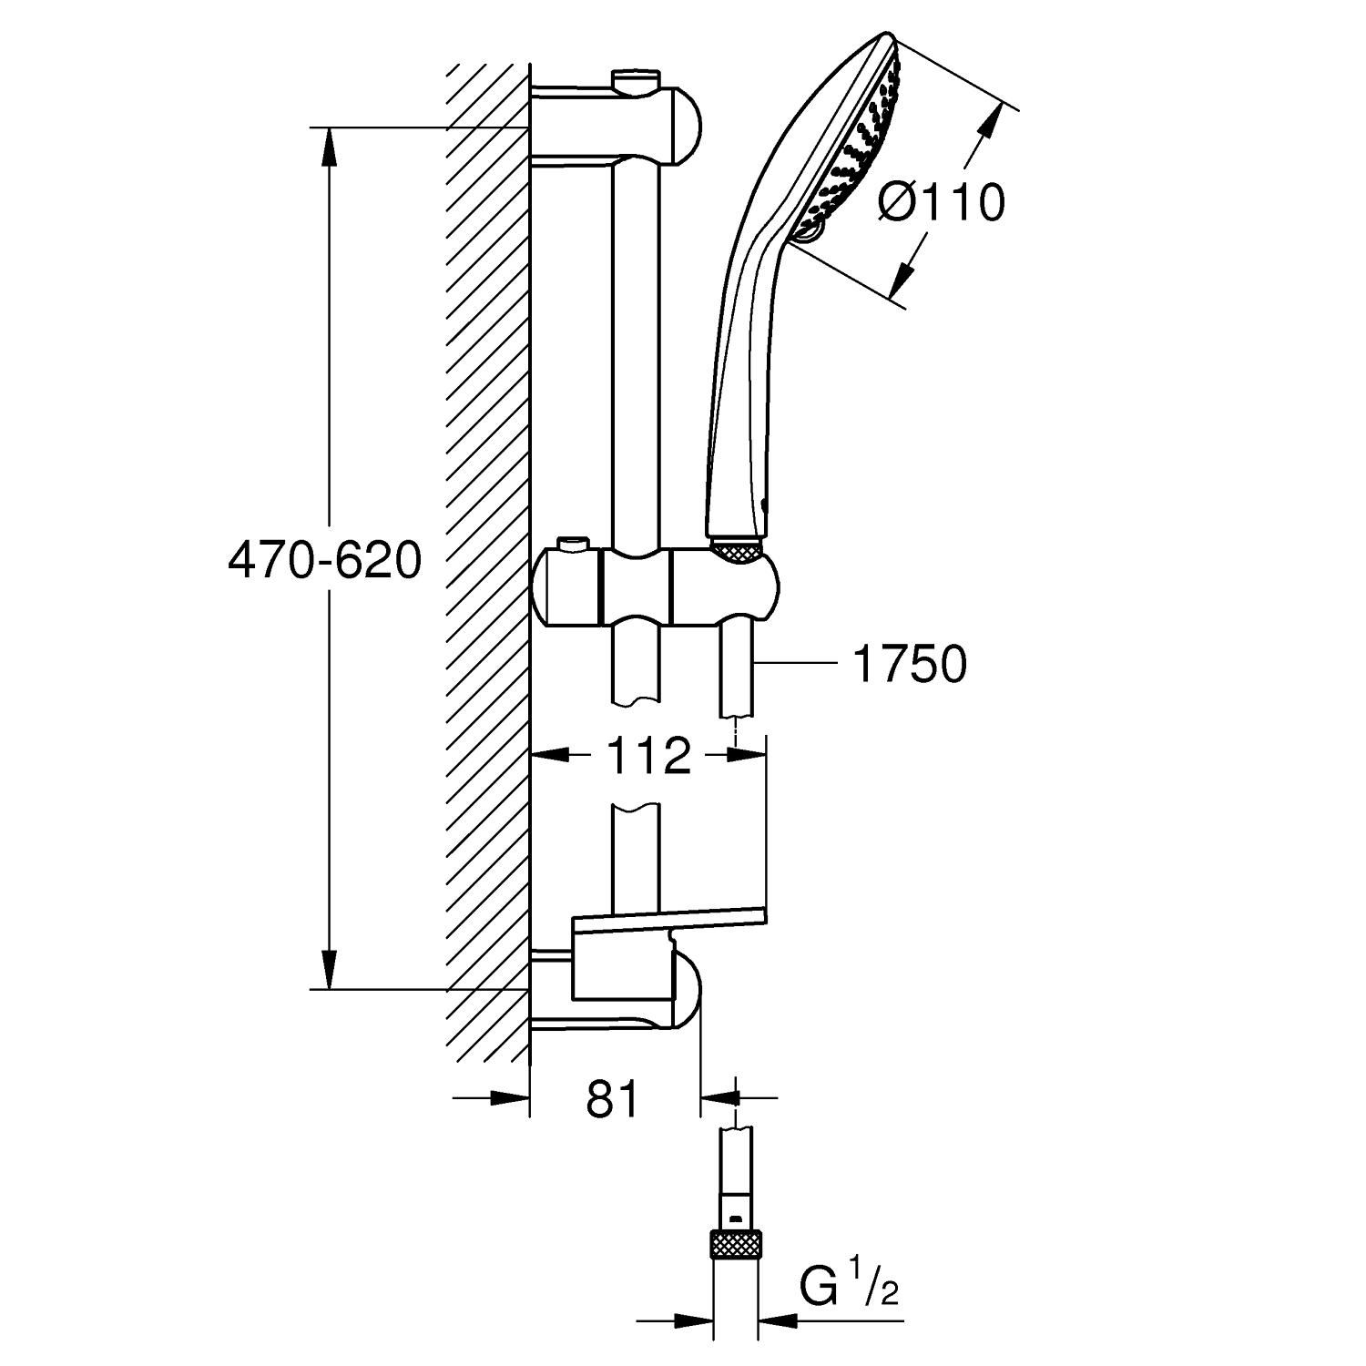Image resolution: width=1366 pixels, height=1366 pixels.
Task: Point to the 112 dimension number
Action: pyautogui.click(x=648, y=756)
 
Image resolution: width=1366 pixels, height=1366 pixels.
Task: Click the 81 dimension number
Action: pyautogui.click(x=613, y=1099)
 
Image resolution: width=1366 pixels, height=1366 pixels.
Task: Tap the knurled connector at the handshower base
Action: pyautogui.click(x=736, y=550)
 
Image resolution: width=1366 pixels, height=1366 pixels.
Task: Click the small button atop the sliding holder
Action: pyautogui.click(x=572, y=545)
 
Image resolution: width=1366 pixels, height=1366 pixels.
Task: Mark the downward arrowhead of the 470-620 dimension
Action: pyautogui.click(x=329, y=971)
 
